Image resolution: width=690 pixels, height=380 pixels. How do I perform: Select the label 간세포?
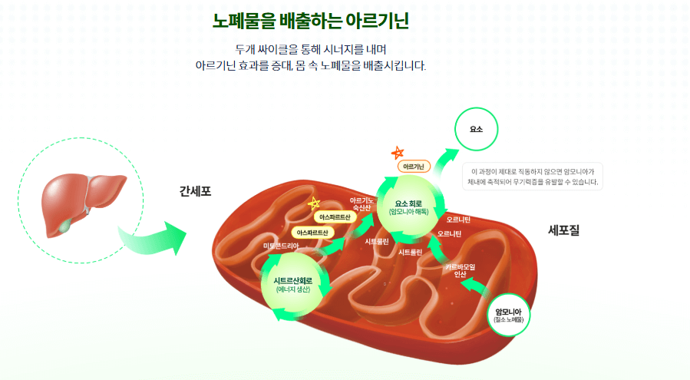[x=195, y=190]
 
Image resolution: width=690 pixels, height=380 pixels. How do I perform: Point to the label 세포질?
[x=563, y=229]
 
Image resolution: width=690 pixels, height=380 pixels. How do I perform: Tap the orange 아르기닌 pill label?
[x=414, y=166]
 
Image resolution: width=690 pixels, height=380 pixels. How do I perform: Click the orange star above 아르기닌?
[x=397, y=153]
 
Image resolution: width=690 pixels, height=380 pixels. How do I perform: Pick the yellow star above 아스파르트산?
[x=313, y=203]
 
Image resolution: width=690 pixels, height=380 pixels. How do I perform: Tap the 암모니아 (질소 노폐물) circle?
[x=508, y=315]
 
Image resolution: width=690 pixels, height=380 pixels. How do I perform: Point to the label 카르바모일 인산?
[x=461, y=269]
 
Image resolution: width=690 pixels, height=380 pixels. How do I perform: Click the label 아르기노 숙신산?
[x=362, y=203]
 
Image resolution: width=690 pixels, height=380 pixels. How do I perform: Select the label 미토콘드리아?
[x=286, y=246]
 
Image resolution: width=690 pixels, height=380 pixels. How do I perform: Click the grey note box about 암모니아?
[x=534, y=177]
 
